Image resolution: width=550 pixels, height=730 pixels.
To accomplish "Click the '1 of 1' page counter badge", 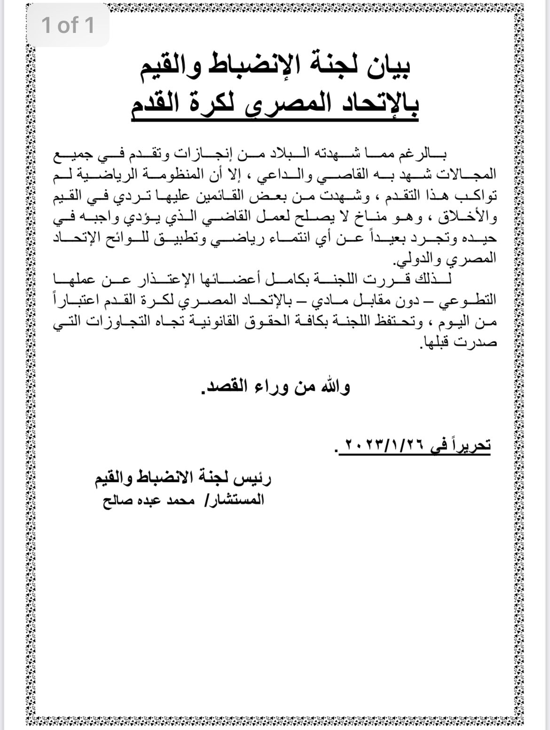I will pyautogui.click(x=69, y=25).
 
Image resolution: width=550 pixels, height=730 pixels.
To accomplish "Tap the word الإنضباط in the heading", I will pyautogui.click(x=254, y=68).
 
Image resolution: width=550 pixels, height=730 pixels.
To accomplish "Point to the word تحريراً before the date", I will pyautogui.click(x=468, y=444).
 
